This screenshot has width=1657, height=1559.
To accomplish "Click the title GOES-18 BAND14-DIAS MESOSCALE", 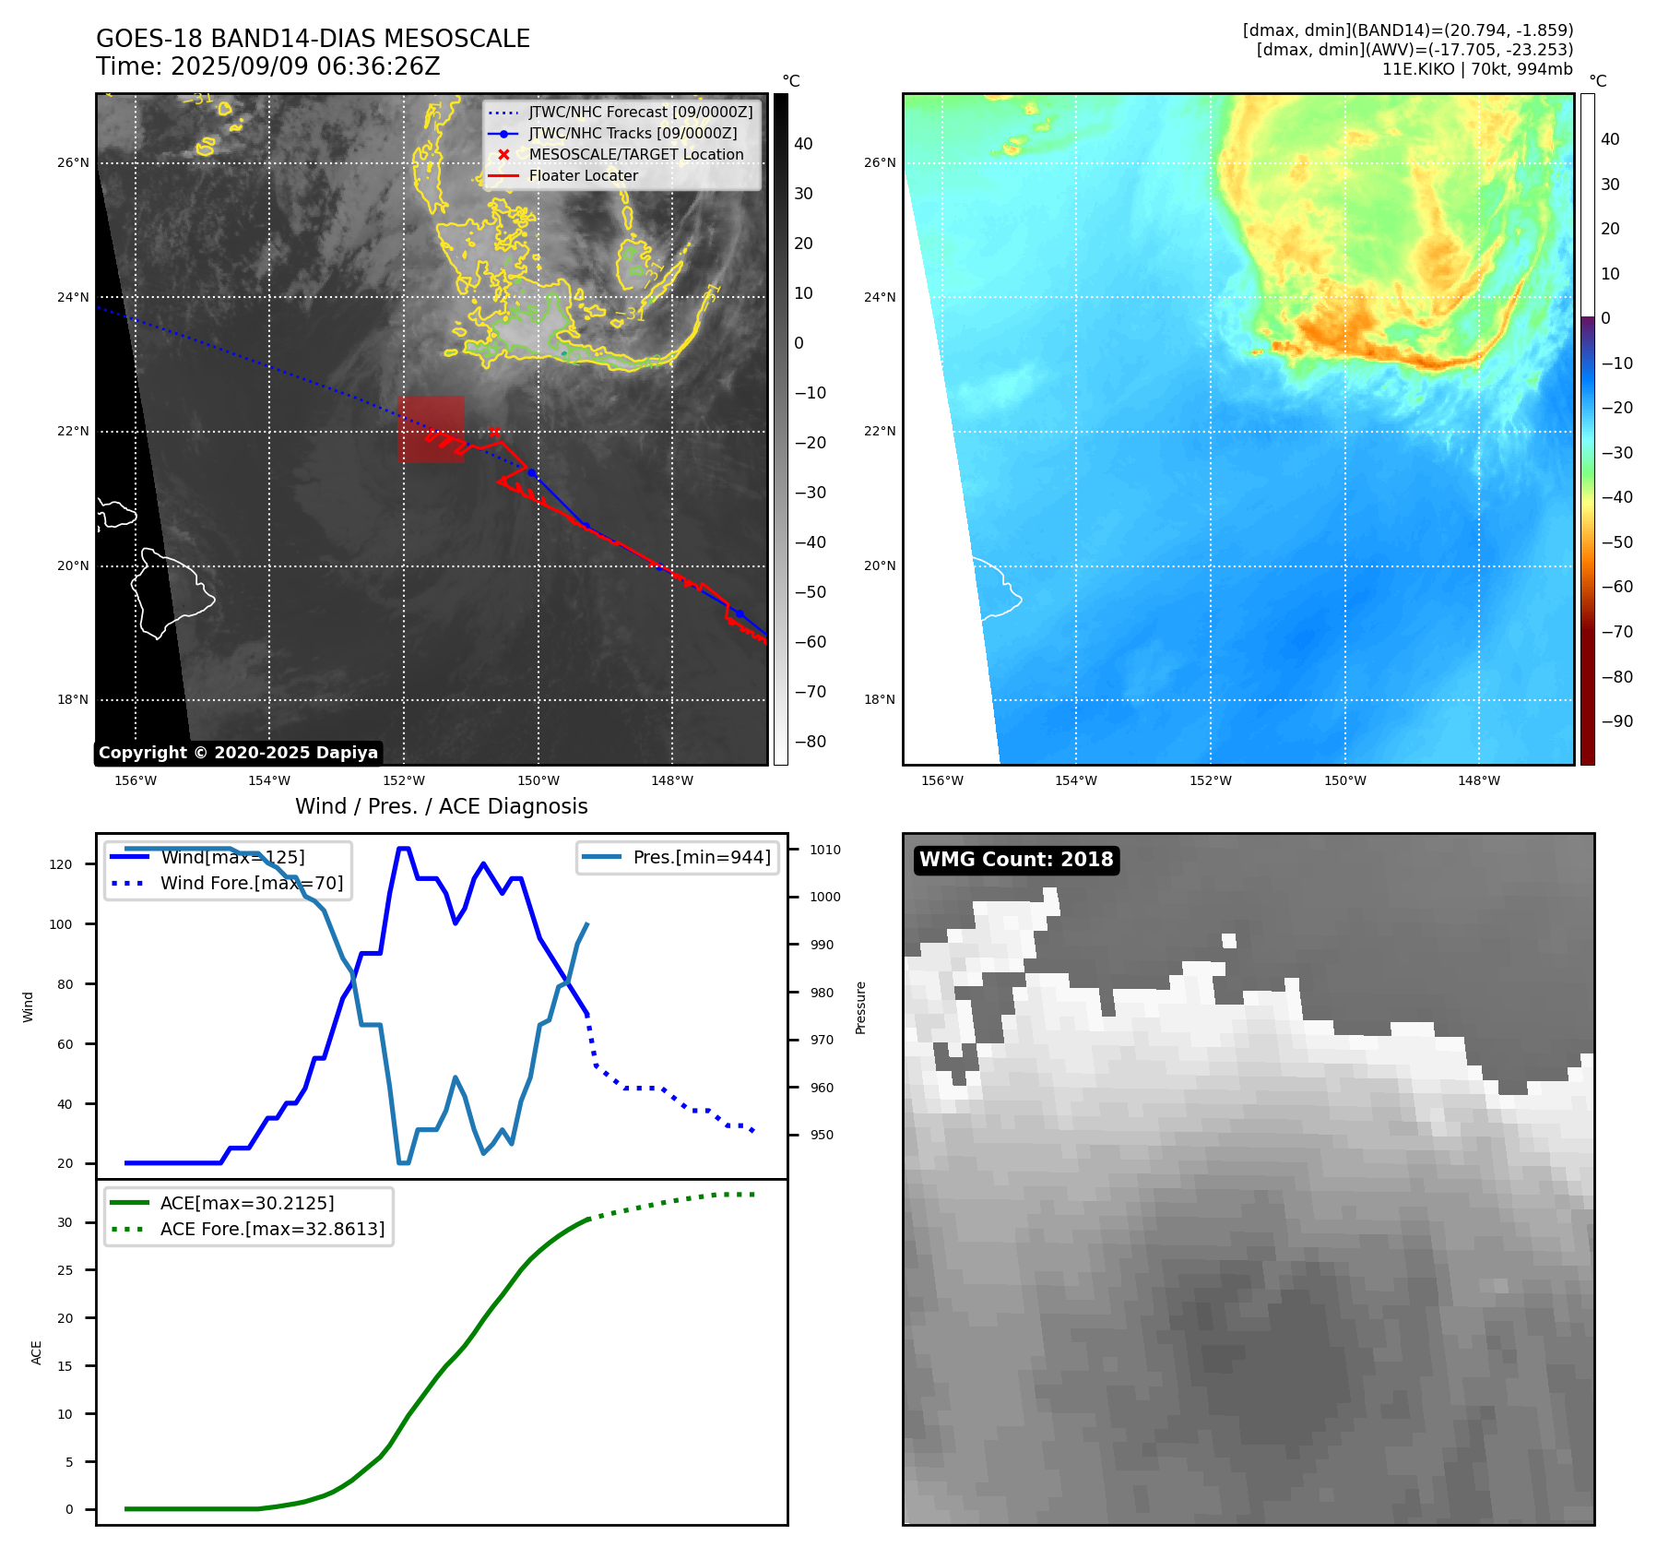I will (x=313, y=39).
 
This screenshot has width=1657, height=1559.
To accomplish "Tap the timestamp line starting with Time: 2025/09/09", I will (x=267, y=66).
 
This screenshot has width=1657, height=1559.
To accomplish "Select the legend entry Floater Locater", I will (x=583, y=176).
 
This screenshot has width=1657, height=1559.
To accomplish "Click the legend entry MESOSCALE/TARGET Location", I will (x=635, y=155).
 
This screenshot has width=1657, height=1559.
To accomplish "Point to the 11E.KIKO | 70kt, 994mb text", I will (x=1477, y=69).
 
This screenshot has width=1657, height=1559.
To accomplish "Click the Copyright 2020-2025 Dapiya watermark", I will (x=238, y=753).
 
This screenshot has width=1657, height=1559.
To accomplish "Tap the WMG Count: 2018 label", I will (x=1016, y=860).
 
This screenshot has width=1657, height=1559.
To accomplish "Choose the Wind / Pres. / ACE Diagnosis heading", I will (x=441, y=806).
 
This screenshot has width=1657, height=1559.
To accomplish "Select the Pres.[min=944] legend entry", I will (x=701, y=857).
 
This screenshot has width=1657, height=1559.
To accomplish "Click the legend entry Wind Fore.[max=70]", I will (x=251, y=883).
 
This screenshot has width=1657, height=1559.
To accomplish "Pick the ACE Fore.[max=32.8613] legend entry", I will (x=272, y=1229).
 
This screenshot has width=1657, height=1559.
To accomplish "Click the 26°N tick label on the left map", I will (x=73, y=163).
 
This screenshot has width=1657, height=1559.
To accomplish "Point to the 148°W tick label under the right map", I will (x=1478, y=781).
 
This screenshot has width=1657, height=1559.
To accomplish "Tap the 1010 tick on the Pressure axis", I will (x=825, y=850).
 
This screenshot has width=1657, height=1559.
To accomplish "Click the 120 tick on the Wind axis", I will (x=60, y=864).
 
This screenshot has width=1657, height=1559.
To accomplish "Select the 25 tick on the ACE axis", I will (x=65, y=1270).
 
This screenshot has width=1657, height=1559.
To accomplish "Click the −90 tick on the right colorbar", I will (x=1616, y=721).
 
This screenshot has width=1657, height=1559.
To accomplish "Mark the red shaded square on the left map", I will (x=431, y=429).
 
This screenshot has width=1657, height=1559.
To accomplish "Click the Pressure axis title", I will (x=860, y=1007).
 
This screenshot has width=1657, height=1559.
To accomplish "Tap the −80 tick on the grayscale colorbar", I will (x=810, y=742).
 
